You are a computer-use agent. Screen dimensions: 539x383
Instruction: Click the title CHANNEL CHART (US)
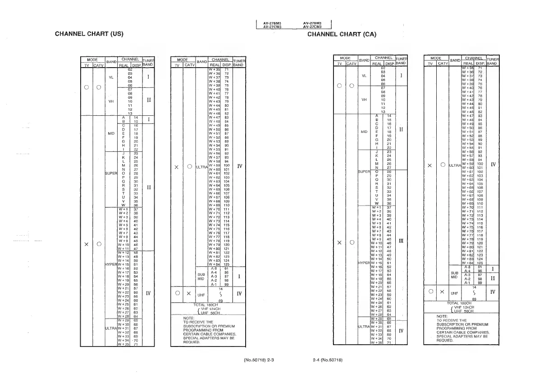click(89, 34)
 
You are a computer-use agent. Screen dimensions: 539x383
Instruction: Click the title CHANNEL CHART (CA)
click(342, 34)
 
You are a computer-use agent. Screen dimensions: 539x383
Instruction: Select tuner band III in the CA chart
click(401, 242)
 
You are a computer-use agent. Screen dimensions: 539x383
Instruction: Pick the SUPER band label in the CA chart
click(364, 171)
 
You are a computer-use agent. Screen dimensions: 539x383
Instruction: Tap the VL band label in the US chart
click(111, 77)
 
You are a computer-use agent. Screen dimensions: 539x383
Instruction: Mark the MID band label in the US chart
click(111, 133)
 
